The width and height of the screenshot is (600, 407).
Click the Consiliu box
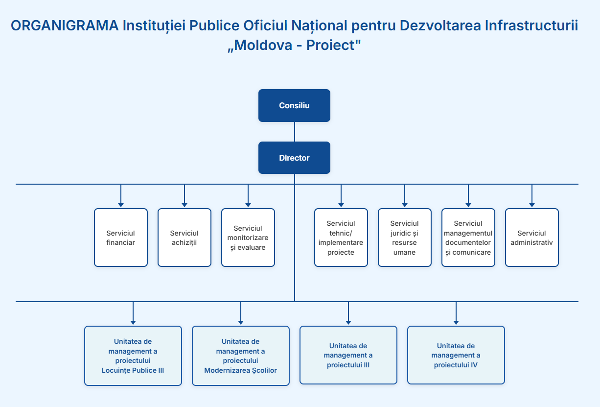pyautogui.click(x=294, y=105)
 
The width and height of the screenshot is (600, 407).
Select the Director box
pyautogui.click(x=294, y=158)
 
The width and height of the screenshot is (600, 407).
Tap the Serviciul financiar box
pyautogui.click(x=121, y=238)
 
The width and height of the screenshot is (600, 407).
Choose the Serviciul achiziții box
pyautogui.click(x=185, y=238)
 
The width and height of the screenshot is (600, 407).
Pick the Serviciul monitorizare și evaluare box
pyautogui.click(x=248, y=238)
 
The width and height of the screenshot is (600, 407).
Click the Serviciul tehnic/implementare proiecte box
pyautogui.click(x=341, y=238)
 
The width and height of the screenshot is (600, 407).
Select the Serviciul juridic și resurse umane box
pyautogui.click(x=404, y=238)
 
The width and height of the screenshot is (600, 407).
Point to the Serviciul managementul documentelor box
pyautogui.click(x=468, y=238)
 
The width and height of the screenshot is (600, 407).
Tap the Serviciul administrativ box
pyautogui.click(x=531, y=238)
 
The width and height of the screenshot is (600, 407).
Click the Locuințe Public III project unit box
pyautogui.click(x=133, y=356)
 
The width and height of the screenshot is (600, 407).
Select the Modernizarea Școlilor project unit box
pyautogui.click(x=240, y=356)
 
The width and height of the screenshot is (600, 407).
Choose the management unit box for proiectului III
pyautogui.click(x=348, y=355)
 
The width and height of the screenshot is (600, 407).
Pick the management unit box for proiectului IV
pyautogui.click(x=456, y=355)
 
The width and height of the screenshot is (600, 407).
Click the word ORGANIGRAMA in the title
pyautogui.click(x=65, y=26)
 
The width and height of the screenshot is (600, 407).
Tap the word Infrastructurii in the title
pyautogui.click(x=531, y=26)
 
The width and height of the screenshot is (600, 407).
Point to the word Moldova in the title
pyautogui.click(x=263, y=45)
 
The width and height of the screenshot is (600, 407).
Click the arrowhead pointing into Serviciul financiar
pyautogui.click(x=121, y=205)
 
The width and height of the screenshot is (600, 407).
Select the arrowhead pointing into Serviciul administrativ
pyautogui.click(x=531, y=205)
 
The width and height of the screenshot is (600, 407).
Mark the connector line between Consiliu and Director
pyautogui.click(x=295, y=132)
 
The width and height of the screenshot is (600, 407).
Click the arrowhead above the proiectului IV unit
pyautogui.click(x=456, y=323)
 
